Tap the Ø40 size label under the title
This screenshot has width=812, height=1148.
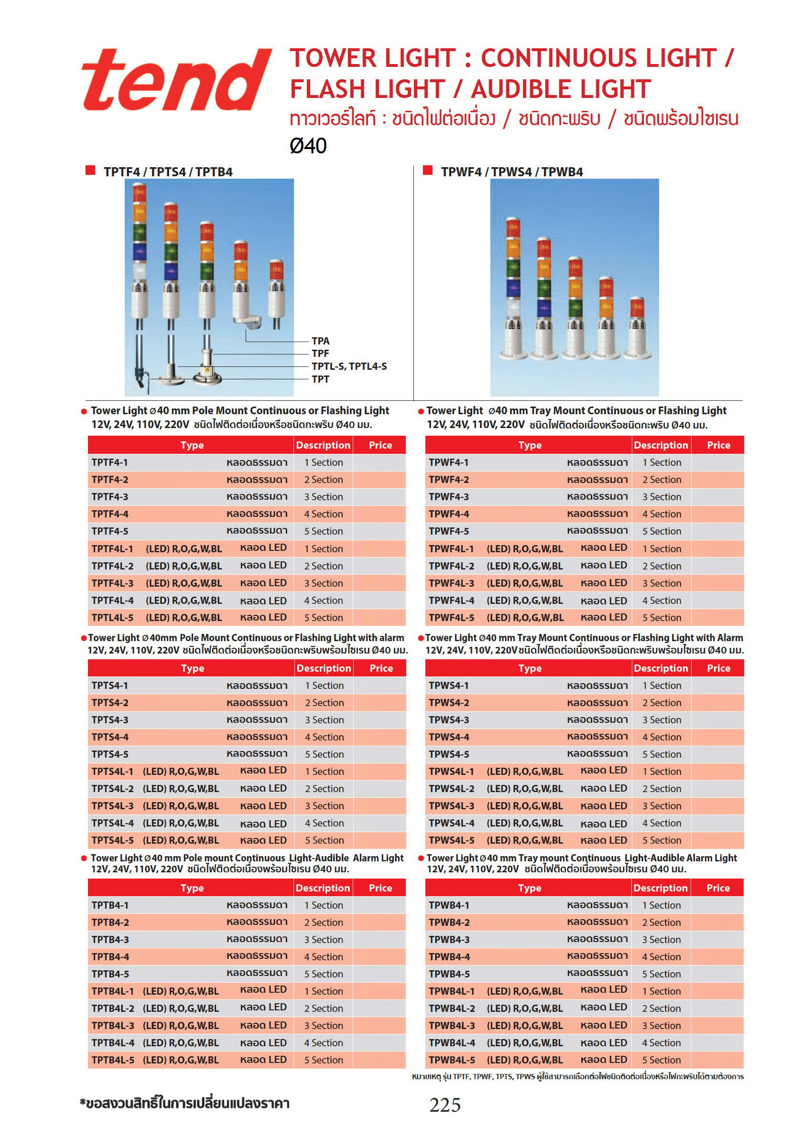tap(308, 146)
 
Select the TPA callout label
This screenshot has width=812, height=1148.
tap(320, 341)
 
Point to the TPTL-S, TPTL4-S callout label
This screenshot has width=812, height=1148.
tap(349, 366)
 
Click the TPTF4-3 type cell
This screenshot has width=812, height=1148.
tap(110, 496)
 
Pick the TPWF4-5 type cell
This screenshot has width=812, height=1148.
tap(449, 531)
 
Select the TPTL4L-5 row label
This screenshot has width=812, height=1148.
tap(113, 618)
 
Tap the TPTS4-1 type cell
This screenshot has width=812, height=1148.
tap(110, 686)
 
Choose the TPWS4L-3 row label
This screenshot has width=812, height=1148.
tap(451, 805)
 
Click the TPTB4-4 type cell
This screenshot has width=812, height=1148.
tap(110, 956)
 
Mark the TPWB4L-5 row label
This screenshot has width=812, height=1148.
tap(452, 1060)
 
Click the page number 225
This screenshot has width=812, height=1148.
tap(445, 1105)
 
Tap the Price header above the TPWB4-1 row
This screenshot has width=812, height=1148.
tap(717, 888)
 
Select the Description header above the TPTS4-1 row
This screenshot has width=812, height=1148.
tap(324, 668)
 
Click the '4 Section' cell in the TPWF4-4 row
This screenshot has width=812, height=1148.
tap(661, 514)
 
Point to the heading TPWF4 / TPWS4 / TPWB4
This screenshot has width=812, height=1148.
tap(511, 172)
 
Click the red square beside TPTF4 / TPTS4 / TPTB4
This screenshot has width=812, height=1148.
tap(90, 170)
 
